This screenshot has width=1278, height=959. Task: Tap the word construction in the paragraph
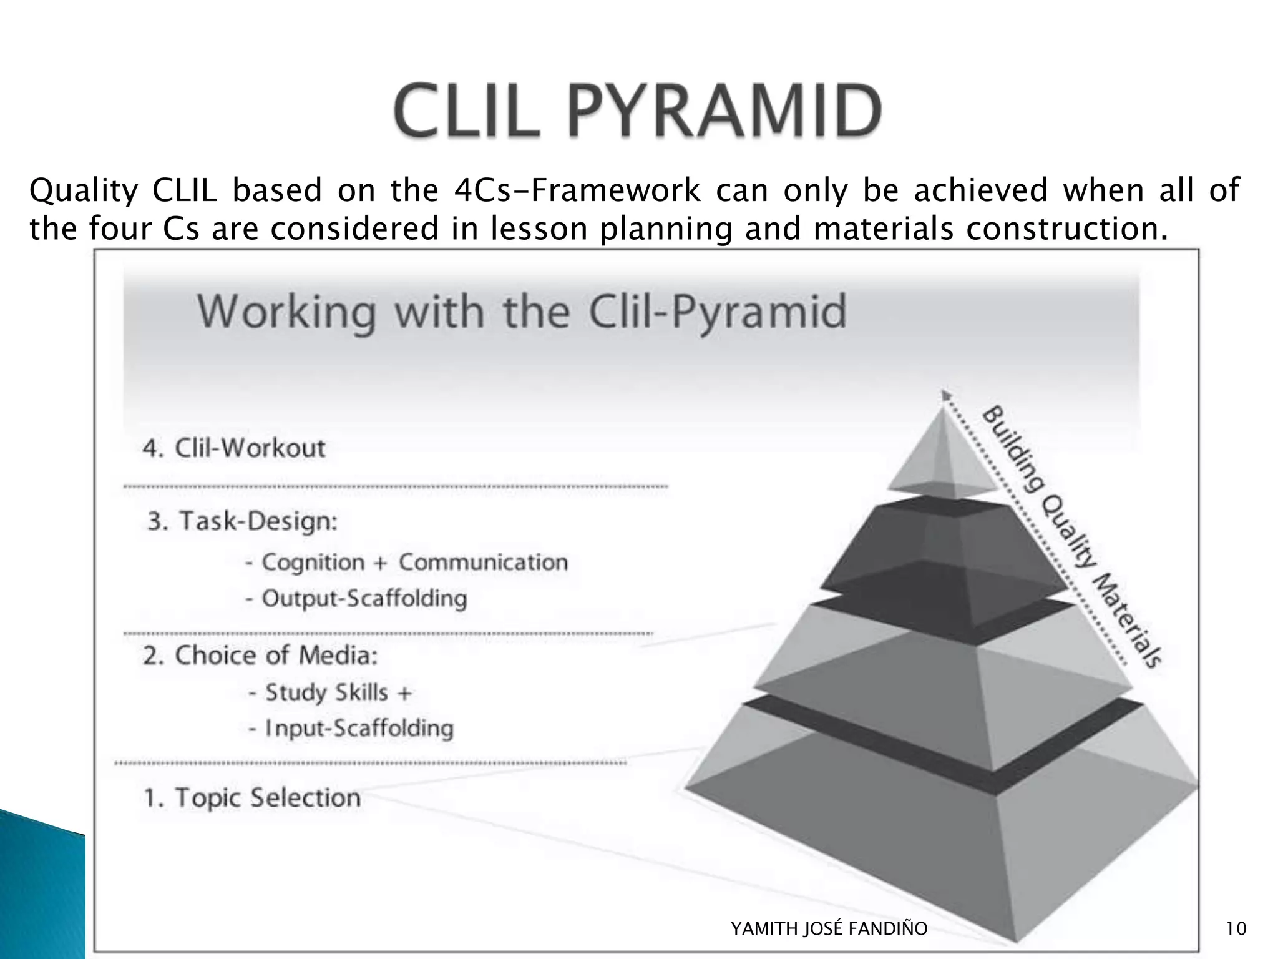tap(1066, 229)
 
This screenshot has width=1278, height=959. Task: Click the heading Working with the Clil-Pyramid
tap(522, 312)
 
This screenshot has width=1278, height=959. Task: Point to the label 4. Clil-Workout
tap(234, 448)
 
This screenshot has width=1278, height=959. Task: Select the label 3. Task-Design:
tap(242, 521)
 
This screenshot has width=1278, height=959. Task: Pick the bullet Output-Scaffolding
tap(356, 598)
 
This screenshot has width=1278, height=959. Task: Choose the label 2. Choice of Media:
tap(260, 656)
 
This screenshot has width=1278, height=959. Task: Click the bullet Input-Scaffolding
tap(351, 728)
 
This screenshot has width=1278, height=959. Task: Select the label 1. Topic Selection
tap(252, 797)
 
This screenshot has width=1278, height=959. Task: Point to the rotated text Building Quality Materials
tap(1071, 537)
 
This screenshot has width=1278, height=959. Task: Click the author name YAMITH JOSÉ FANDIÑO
tap(829, 928)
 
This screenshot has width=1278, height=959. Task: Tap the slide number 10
tap(1236, 928)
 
